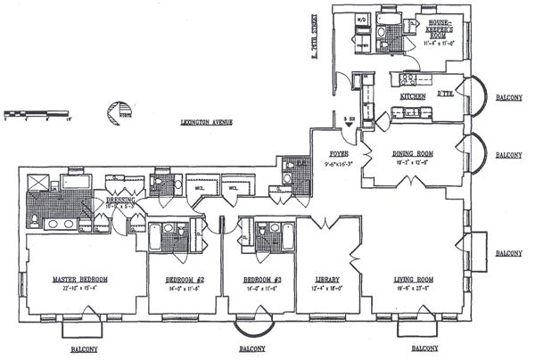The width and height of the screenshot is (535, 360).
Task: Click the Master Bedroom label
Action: (x=81, y=280)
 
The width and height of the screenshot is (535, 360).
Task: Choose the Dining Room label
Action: (x=412, y=152)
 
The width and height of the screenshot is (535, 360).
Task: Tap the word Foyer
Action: (x=337, y=152)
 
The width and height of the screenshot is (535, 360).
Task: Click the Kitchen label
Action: (x=413, y=95)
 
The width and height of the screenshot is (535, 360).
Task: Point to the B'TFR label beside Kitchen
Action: (x=448, y=94)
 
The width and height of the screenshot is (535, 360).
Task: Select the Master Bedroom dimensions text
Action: (x=81, y=288)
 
